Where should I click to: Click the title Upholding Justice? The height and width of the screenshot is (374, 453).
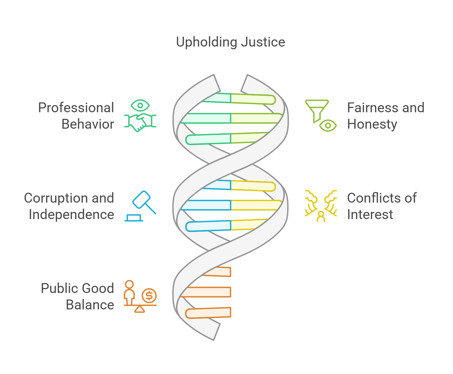[230, 42]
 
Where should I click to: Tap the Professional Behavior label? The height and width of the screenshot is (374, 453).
[76, 116]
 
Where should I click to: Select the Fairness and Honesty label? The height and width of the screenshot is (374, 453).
[385, 116]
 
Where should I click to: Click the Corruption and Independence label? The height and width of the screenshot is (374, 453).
[69, 206]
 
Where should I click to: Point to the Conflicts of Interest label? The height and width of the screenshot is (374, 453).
[382, 206]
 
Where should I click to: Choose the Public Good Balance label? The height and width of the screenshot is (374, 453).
[77, 297]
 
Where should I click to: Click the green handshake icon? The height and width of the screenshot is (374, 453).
[140, 122]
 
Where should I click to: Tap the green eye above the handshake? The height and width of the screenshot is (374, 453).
[140, 105]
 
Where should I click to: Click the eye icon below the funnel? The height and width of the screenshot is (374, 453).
[328, 126]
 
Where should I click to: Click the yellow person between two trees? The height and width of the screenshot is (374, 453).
[321, 216]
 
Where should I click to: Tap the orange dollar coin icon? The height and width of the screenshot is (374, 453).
[149, 296]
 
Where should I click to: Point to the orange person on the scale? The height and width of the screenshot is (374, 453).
[129, 292]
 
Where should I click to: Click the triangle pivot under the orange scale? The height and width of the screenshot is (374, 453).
[140, 309]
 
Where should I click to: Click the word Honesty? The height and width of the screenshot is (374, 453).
[372, 124]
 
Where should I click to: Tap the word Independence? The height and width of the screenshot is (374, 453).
[71, 215]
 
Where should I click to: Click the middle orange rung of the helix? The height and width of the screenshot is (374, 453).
[206, 292]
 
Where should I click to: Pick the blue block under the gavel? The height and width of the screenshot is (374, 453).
[134, 218]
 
